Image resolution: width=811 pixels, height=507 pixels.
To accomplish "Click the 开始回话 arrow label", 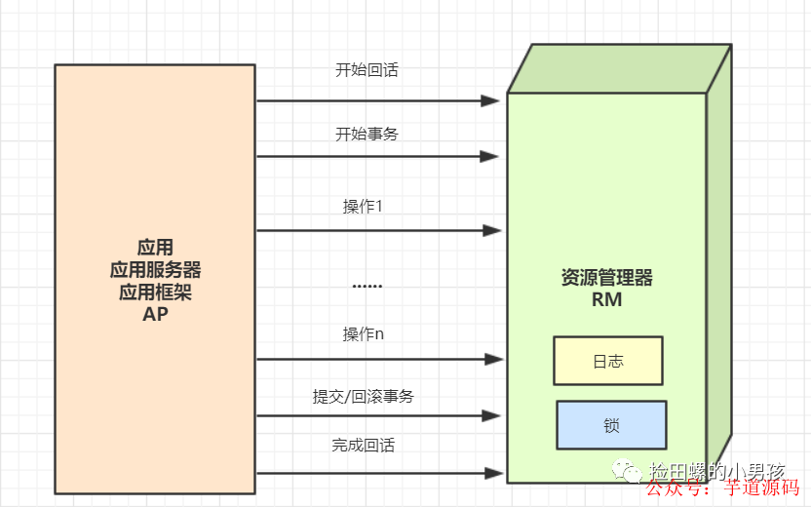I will tap(367, 71).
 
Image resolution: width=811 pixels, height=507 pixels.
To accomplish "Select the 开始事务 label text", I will tap(367, 135).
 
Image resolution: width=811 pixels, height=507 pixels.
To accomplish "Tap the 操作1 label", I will tap(363, 207).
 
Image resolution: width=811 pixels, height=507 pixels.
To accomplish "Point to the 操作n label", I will tap(363, 334).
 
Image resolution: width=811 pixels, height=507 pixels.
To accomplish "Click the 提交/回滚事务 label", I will tap(363, 397).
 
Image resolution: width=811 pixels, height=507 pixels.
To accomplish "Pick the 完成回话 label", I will tap(363, 446).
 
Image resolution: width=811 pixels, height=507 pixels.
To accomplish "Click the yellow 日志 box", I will tap(608, 361).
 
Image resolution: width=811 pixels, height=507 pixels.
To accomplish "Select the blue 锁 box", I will tap(611, 425).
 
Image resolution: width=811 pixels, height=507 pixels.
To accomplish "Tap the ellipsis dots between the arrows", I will tap(367, 286).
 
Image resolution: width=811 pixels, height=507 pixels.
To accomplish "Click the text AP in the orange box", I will tap(155, 313).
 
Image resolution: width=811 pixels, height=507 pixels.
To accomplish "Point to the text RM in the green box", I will tap(606, 300).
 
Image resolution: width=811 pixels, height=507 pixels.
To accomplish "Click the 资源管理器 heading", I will tap(606, 278).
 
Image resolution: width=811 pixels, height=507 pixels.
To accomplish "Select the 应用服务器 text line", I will tap(155, 268).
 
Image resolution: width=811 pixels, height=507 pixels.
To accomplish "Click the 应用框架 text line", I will tap(155, 291).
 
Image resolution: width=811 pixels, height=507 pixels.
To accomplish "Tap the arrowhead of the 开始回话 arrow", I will tap(493, 100).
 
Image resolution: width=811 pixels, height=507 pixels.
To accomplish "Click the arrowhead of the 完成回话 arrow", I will tap(493, 473).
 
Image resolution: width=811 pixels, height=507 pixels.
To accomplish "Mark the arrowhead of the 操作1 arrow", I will tap(493, 231).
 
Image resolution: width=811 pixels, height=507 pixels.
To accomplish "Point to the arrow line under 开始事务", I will tap(370, 156).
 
